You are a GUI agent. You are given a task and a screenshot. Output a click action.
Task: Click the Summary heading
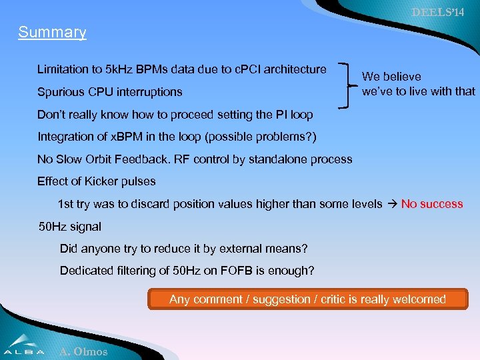click(52, 32)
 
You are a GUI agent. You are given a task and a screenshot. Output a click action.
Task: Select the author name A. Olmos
click(83, 351)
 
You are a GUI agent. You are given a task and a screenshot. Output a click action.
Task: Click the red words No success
click(431, 204)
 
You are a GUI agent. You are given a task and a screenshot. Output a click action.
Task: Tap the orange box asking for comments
click(307, 299)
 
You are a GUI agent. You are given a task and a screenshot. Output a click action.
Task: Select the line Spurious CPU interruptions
click(109, 92)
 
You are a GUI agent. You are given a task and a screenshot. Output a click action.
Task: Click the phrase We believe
click(391, 77)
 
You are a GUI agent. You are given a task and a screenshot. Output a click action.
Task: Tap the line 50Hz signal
click(70, 227)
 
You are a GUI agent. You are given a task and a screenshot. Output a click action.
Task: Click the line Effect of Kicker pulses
click(96, 181)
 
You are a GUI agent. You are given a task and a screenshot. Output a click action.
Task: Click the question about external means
click(183, 249)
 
